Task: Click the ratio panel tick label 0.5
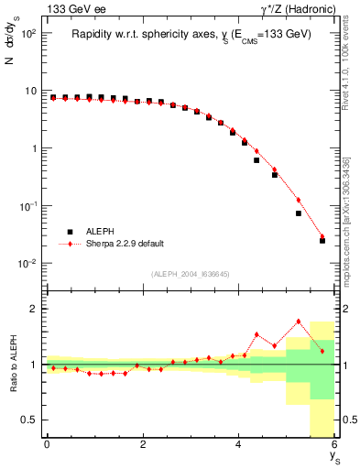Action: click(x=27, y=420)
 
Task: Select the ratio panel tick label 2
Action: click(x=33, y=309)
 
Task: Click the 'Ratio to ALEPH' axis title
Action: click(x=13, y=365)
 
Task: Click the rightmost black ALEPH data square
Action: click(x=322, y=241)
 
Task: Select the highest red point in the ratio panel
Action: click(x=299, y=321)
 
